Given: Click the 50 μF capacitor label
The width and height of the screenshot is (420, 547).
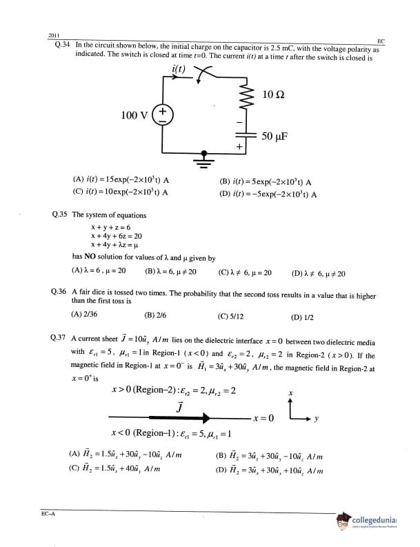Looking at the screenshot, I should point(274,136).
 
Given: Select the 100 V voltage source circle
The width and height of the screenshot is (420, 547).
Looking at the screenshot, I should point(163,115).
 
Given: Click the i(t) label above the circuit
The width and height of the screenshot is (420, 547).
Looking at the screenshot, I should point(181,68).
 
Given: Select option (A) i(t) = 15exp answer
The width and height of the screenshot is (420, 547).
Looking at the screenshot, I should point(121,181).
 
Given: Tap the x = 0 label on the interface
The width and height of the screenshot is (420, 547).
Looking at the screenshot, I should point(263,418).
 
